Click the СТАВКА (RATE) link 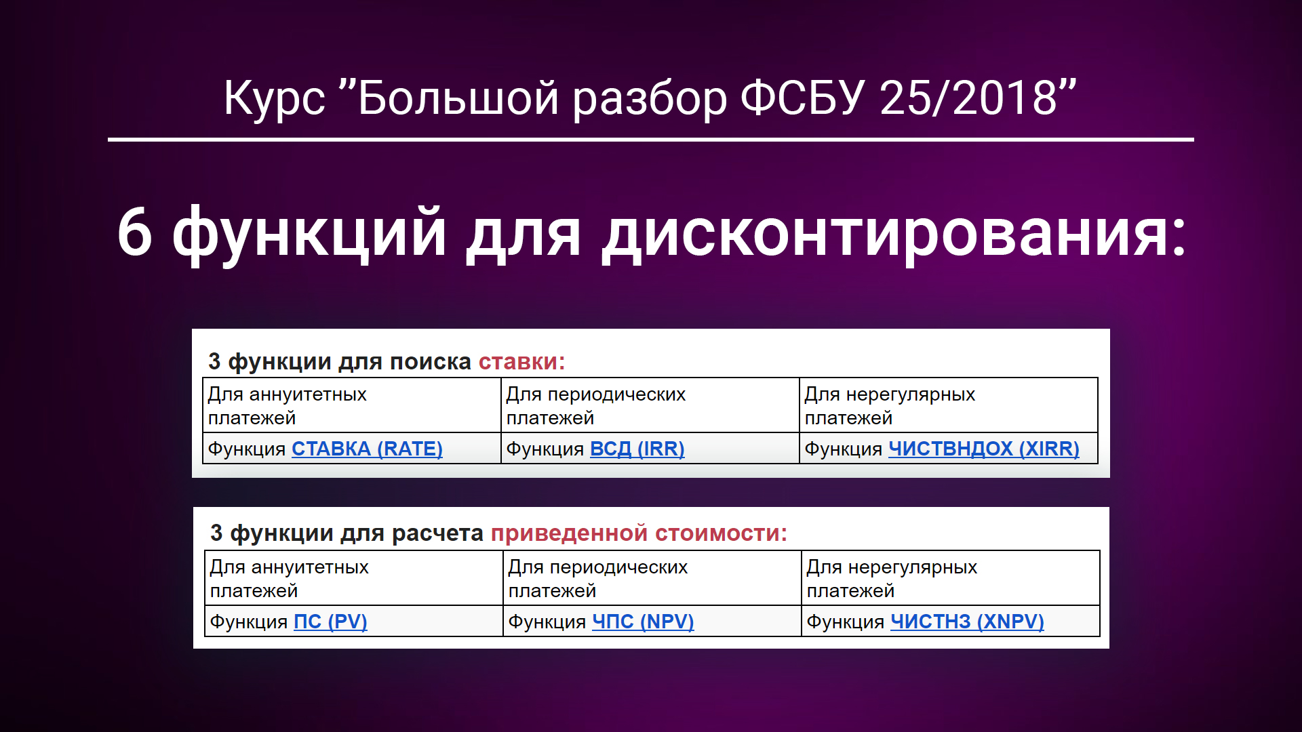click(367, 449)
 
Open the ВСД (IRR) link click(637, 449)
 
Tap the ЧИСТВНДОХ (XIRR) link click(983, 449)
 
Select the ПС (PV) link click(330, 622)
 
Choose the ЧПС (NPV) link click(643, 622)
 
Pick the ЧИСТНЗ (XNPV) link click(967, 622)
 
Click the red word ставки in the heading click(519, 362)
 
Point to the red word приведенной click(569, 533)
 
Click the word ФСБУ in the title click(802, 98)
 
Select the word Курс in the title click(274, 98)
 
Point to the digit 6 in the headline click(134, 232)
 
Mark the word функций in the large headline click(309, 232)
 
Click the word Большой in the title click(458, 98)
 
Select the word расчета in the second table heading click(437, 533)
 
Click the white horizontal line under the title click(651, 140)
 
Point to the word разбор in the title click(650, 98)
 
